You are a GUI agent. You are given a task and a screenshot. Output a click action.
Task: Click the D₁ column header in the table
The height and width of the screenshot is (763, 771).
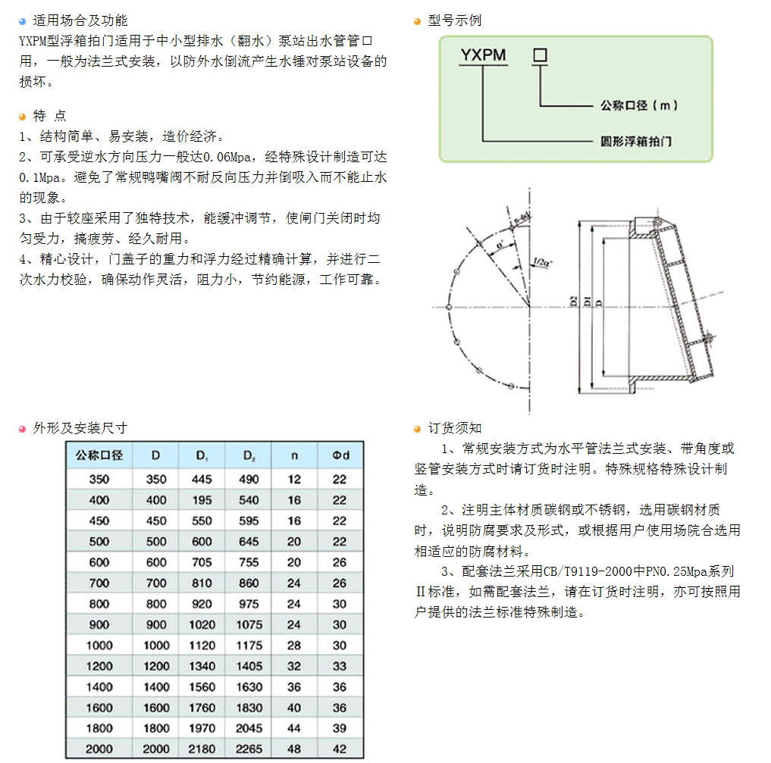[203, 456]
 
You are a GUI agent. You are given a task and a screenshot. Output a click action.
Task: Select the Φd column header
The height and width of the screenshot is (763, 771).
[340, 456]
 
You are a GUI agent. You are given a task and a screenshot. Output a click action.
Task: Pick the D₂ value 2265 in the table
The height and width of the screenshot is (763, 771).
[249, 749]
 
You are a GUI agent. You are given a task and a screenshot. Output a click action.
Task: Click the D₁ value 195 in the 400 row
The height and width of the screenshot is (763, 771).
[202, 500]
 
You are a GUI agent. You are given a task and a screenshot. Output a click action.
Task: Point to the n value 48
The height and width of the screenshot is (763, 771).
[294, 749]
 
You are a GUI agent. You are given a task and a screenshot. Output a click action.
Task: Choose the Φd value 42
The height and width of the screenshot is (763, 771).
[340, 749]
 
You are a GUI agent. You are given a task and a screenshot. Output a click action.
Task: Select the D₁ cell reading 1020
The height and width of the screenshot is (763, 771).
[202, 625]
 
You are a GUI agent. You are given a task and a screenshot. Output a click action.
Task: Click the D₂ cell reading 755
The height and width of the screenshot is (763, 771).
[249, 562]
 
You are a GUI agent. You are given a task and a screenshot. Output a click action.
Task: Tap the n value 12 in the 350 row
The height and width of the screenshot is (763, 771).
[294, 480]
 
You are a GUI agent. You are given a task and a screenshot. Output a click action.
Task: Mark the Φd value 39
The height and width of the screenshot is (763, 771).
[340, 728]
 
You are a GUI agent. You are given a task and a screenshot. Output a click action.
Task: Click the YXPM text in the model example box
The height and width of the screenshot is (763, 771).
[484, 55]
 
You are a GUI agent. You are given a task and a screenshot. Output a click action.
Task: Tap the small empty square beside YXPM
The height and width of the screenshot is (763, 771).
[540, 55]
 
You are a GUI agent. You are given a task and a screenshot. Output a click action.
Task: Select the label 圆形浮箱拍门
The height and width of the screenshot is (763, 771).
[635, 142]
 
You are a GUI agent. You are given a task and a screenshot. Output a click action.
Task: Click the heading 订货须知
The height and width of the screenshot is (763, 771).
[455, 428]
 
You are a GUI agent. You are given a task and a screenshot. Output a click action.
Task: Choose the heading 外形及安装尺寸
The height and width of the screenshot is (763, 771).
[80, 428]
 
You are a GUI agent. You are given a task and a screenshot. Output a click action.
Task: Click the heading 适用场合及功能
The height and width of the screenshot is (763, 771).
[80, 20]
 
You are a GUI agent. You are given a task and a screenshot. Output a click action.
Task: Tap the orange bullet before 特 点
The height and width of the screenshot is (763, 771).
[23, 116]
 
